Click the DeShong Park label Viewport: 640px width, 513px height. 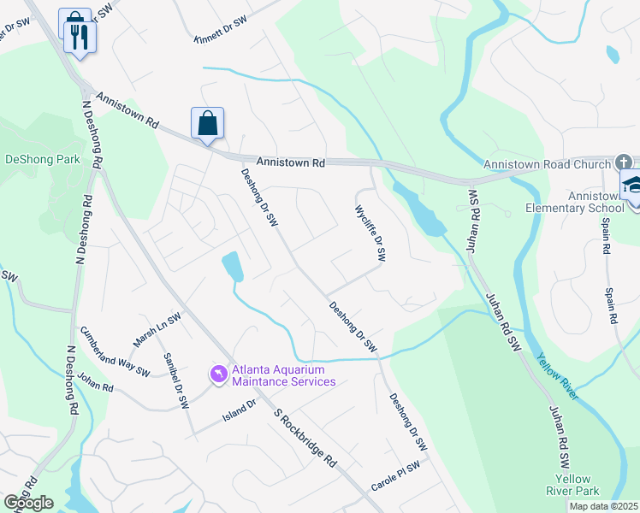pyautogui.click(x=43, y=159)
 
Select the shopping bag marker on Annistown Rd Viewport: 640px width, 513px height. pyautogui.click(x=208, y=124)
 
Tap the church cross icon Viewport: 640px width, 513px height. pyautogui.click(x=624, y=162)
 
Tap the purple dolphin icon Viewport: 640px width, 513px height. pyautogui.click(x=218, y=374)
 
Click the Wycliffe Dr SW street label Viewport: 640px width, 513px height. pyautogui.click(x=370, y=232)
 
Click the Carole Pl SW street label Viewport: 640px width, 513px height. pyautogui.click(x=395, y=476)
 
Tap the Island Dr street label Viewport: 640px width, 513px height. pyautogui.click(x=240, y=410)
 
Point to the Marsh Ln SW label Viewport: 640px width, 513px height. pyautogui.click(x=156, y=330)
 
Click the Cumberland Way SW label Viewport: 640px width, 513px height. pyautogui.click(x=115, y=351)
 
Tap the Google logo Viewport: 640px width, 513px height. pyautogui.click(x=27, y=502)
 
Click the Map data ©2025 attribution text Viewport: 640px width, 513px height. pyautogui.click(x=603, y=506)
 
